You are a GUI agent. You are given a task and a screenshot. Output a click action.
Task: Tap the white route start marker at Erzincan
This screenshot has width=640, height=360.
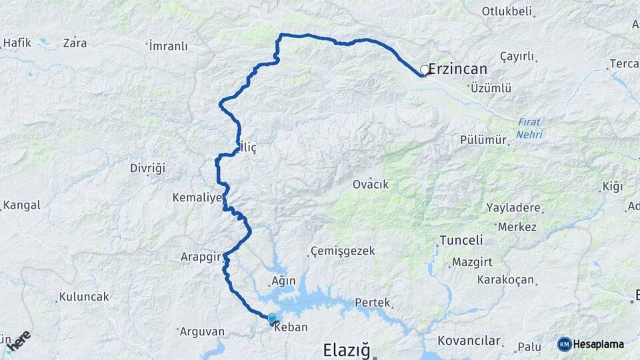click(425, 69)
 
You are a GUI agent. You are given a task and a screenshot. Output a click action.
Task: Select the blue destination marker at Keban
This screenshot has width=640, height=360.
click(271, 319)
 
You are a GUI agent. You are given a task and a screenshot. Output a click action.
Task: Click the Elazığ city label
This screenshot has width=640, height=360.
click(345, 349)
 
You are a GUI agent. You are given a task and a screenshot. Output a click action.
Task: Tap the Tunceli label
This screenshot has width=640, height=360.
click(461, 240)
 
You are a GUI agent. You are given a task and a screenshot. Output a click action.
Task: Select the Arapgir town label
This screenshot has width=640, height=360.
click(201, 256)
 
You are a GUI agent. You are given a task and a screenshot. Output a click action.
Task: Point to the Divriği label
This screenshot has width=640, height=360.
click(147, 168)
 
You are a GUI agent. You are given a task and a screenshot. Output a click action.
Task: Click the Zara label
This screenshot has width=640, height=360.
click(75, 43)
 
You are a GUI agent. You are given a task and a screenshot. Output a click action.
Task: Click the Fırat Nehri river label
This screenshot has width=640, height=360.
click(529, 128)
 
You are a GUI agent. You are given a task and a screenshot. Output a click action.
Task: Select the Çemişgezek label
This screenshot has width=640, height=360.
click(343, 251)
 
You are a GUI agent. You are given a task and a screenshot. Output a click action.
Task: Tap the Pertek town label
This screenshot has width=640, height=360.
click(372, 302)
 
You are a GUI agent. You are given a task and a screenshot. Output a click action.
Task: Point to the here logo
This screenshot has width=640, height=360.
click(18, 341)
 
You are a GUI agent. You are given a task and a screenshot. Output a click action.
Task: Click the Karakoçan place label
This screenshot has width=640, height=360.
click(505, 279)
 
